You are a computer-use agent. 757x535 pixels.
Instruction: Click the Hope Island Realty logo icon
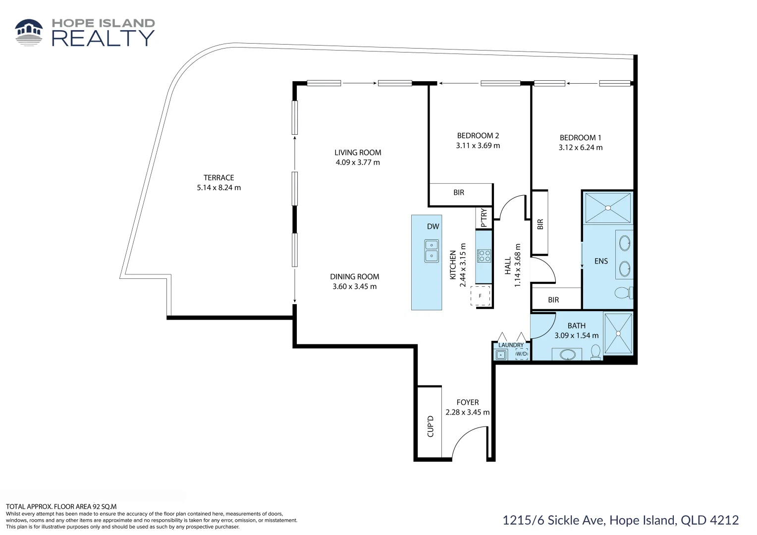pos(29,32)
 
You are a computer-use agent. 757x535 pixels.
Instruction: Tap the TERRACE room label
pos(218,178)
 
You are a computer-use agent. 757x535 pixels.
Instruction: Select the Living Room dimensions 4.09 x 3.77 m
pos(358,162)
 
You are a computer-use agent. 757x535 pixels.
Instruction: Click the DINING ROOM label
pos(355,277)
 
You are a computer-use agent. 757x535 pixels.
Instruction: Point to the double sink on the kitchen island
pos(432,251)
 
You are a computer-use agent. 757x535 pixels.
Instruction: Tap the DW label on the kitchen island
pos(433,226)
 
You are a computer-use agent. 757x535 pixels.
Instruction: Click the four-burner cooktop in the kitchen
pos(484,256)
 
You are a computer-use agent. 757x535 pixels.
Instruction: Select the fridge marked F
pos(480,296)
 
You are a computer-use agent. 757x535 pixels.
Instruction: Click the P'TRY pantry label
pos(484,218)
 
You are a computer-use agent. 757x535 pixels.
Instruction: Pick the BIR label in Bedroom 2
pos(459,193)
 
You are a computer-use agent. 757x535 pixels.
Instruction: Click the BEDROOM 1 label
pos(580,138)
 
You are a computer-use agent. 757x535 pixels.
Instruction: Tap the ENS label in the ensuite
pos(601,261)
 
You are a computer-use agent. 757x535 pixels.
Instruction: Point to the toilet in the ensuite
pos(624,293)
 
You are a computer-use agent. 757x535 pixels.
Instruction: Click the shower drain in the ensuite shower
pos(608,208)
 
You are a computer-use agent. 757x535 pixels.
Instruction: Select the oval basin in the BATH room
pos(567,355)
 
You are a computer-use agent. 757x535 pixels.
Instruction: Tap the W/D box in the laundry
pos(522,354)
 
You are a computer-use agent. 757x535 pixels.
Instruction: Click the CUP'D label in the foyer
pos(430,426)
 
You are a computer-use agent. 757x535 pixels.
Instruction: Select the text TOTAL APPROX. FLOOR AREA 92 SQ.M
pos(61,507)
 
